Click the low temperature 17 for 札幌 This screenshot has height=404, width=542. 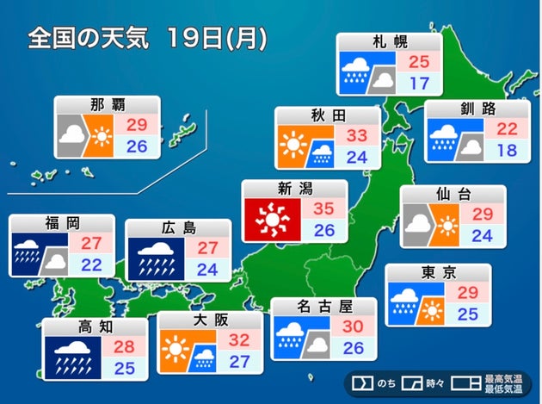(419, 84)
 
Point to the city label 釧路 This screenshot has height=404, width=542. (477, 110)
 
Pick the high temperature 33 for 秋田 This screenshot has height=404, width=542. (359, 135)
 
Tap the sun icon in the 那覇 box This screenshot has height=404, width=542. (102, 136)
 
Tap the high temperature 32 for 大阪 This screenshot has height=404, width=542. (240, 340)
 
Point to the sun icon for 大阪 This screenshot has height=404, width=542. (175, 351)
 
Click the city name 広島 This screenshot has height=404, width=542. (178, 228)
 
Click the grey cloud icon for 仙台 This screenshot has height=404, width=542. (419, 224)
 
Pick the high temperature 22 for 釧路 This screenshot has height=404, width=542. (507, 128)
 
